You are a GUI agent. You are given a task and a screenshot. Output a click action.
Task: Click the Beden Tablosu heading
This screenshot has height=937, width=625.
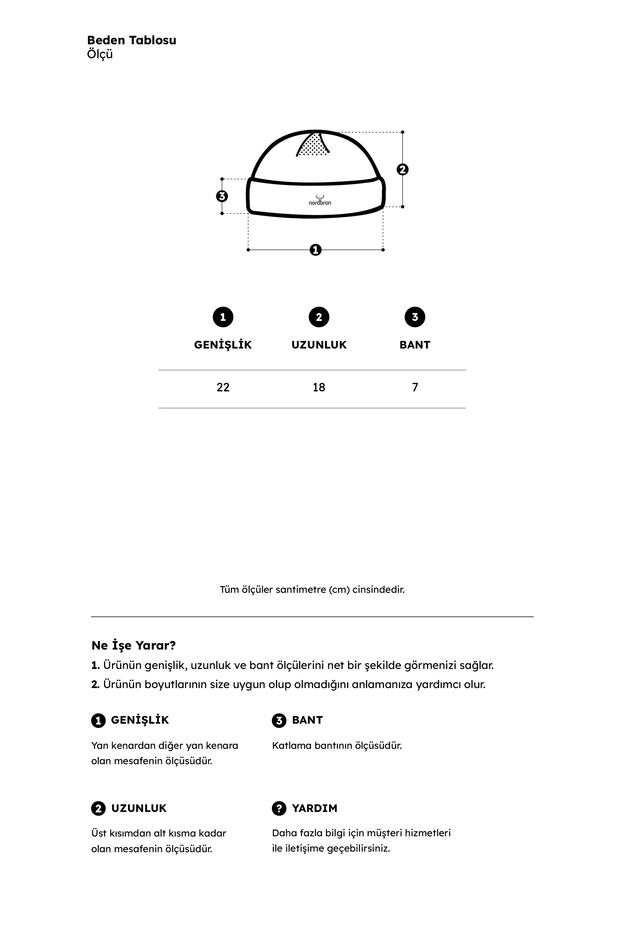(132, 40)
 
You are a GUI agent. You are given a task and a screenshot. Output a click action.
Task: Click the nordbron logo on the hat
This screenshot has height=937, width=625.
(320, 201)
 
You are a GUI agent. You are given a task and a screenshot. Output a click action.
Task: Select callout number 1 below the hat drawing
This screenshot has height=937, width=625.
(315, 250)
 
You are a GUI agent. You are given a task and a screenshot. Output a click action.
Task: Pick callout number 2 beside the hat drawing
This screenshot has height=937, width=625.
(402, 169)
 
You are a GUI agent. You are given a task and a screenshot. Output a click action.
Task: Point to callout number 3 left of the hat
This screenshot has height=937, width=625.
(222, 196)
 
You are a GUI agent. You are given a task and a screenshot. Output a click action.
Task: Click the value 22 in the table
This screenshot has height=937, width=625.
(223, 387)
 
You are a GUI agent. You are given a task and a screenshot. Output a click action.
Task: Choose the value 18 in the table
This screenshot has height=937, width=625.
(319, 387)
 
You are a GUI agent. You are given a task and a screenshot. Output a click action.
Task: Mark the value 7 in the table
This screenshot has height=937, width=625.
(415, 387)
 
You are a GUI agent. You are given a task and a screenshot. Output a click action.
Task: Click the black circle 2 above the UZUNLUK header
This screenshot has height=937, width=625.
(319, 317)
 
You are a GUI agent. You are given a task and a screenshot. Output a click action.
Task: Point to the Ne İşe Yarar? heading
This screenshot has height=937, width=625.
(133, 645)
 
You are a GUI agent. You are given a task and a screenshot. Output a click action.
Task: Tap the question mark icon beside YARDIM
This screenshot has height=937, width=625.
(279, 808)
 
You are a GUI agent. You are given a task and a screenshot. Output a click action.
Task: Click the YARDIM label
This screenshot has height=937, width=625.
(314, 808)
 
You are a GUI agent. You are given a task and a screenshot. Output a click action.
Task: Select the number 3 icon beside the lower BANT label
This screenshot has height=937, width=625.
(279, 720)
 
